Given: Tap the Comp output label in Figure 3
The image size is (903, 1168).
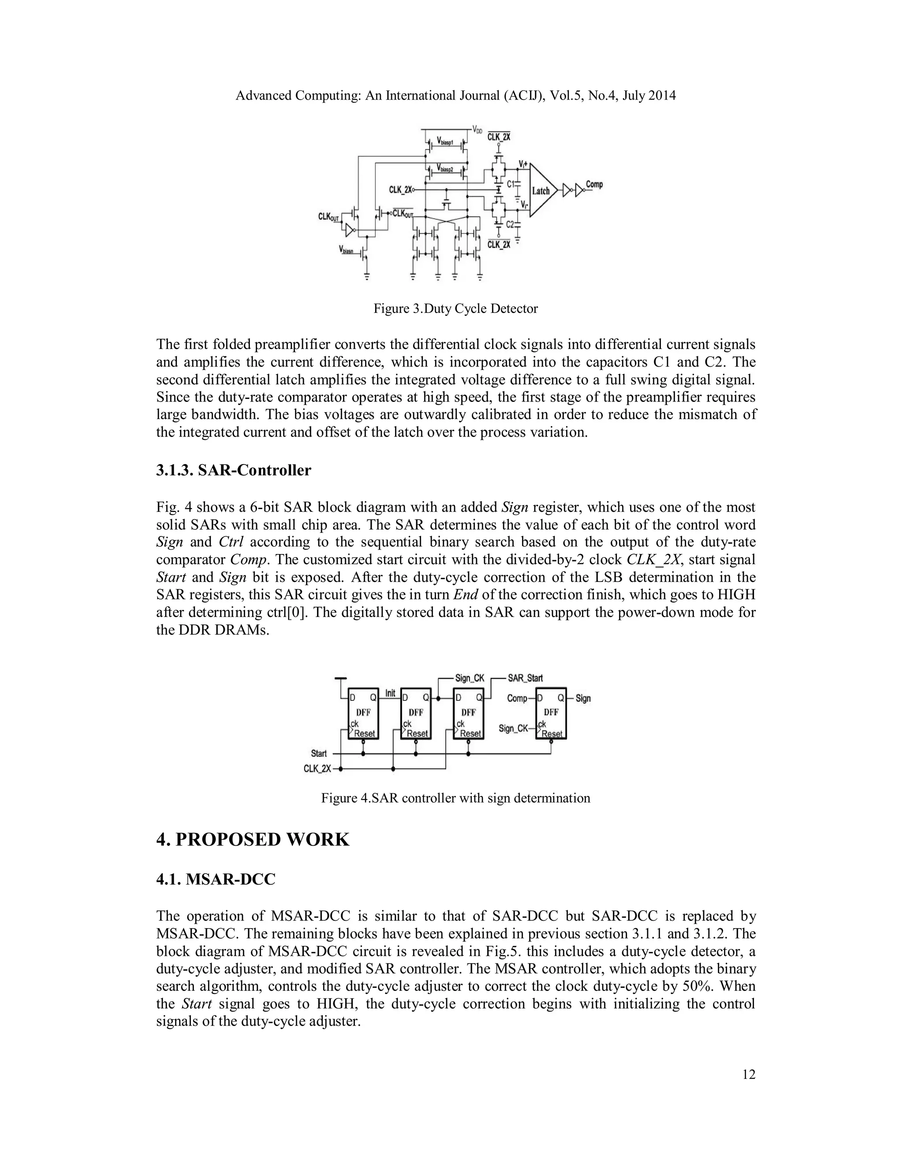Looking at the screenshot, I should point(594,185).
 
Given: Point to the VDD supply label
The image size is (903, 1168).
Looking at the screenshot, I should point(477,130).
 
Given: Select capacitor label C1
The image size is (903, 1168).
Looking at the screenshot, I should point(510,183).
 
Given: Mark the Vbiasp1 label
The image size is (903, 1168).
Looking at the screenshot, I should point(445,141).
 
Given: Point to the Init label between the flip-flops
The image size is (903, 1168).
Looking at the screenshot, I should point(391,693).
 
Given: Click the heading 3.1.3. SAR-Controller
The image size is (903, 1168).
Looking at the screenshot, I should point(233,471).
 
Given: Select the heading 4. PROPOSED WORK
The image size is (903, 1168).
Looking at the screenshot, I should point(253,840).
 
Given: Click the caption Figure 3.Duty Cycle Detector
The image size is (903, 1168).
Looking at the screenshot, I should point(455,309).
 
